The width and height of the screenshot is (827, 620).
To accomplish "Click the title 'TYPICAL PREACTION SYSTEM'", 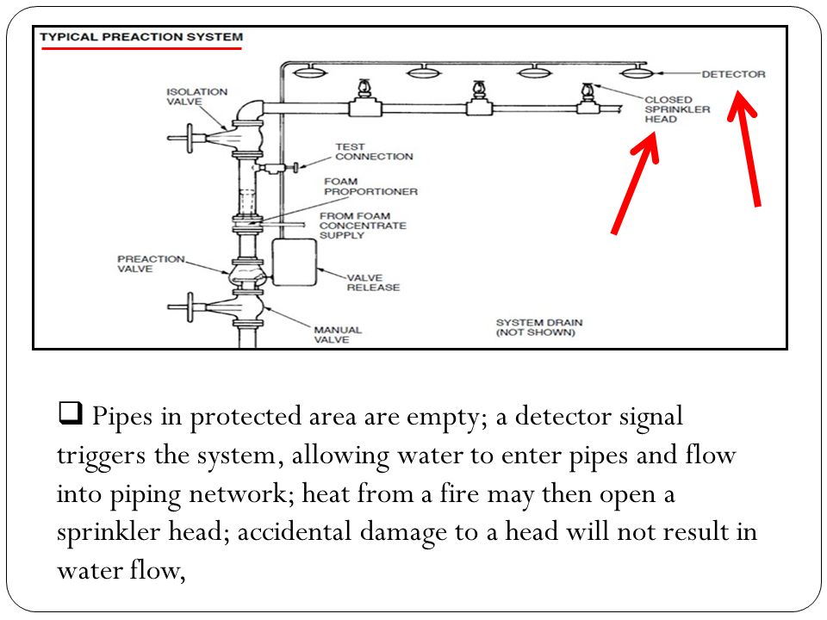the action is click(141, 37).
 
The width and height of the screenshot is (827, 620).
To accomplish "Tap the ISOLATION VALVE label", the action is click(196, 96).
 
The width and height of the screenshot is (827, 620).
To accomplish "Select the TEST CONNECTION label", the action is click(374, 152).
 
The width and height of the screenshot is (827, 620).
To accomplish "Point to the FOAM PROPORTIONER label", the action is click(370, 187).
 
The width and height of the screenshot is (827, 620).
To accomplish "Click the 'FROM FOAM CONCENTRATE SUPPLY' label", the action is click(363, 226).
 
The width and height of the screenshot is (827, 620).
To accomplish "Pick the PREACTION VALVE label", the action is click(151, 263).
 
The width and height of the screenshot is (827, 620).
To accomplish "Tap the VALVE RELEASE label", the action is click(373, 282).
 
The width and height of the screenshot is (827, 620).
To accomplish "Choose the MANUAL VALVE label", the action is click(338, 335).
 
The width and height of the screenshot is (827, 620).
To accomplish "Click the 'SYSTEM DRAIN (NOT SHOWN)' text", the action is click(539, 327).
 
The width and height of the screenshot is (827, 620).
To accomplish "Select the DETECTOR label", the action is click(733, 74).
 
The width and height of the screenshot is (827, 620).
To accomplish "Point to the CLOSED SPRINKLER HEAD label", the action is click(677, 109).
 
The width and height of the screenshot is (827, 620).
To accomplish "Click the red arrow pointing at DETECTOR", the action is click(744, 149).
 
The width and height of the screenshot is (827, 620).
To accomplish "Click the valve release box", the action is click(295, 262).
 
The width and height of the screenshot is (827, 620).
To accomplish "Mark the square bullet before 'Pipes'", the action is click(70, 412).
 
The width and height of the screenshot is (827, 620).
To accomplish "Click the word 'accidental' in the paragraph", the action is click(294, 531).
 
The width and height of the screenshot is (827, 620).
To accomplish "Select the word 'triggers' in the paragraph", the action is click(101, 455).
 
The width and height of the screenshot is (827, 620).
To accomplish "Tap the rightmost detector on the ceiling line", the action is click(635, 71).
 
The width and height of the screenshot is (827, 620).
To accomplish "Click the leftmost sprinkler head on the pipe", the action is click(363, 90).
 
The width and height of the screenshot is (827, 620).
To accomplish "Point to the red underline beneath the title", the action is click(141, 48).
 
